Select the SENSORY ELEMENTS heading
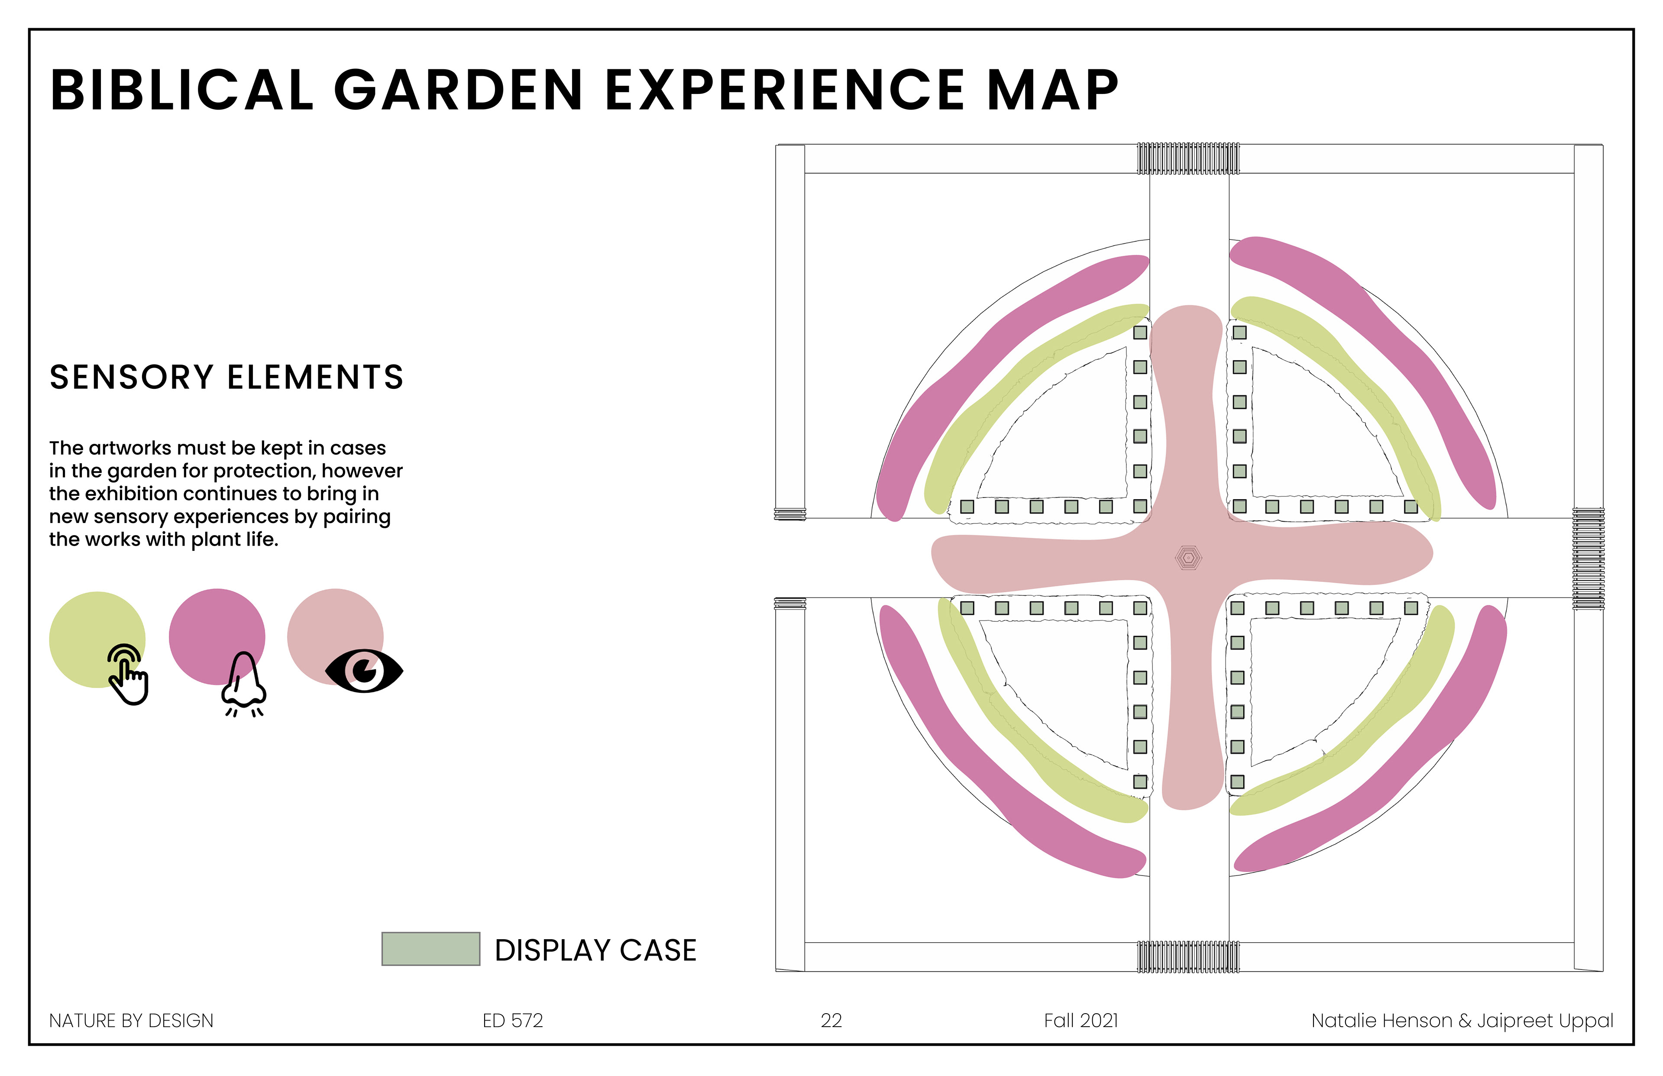pyautogui.click(x=226, y=377)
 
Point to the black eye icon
pyautogui.click(x=364, y=671)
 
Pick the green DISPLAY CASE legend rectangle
pyautogui.click(x=430, y=949)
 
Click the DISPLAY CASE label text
pyautogui.click(x=595, y=950)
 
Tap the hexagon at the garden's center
pyautogui.click(x=1188, y=558)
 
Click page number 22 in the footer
pyautogui.click(x=831, y=1021)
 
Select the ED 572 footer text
pyautogui.click(x=512, y=1021)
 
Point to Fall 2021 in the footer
pyautogui.click(x=1081, y=1021)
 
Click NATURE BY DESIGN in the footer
pyautogui.click(x=131, y=1021)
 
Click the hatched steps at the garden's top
pyautogui.click(x=1188, y=158)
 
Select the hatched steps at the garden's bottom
pyautogui.click(x=1188, y=956)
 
